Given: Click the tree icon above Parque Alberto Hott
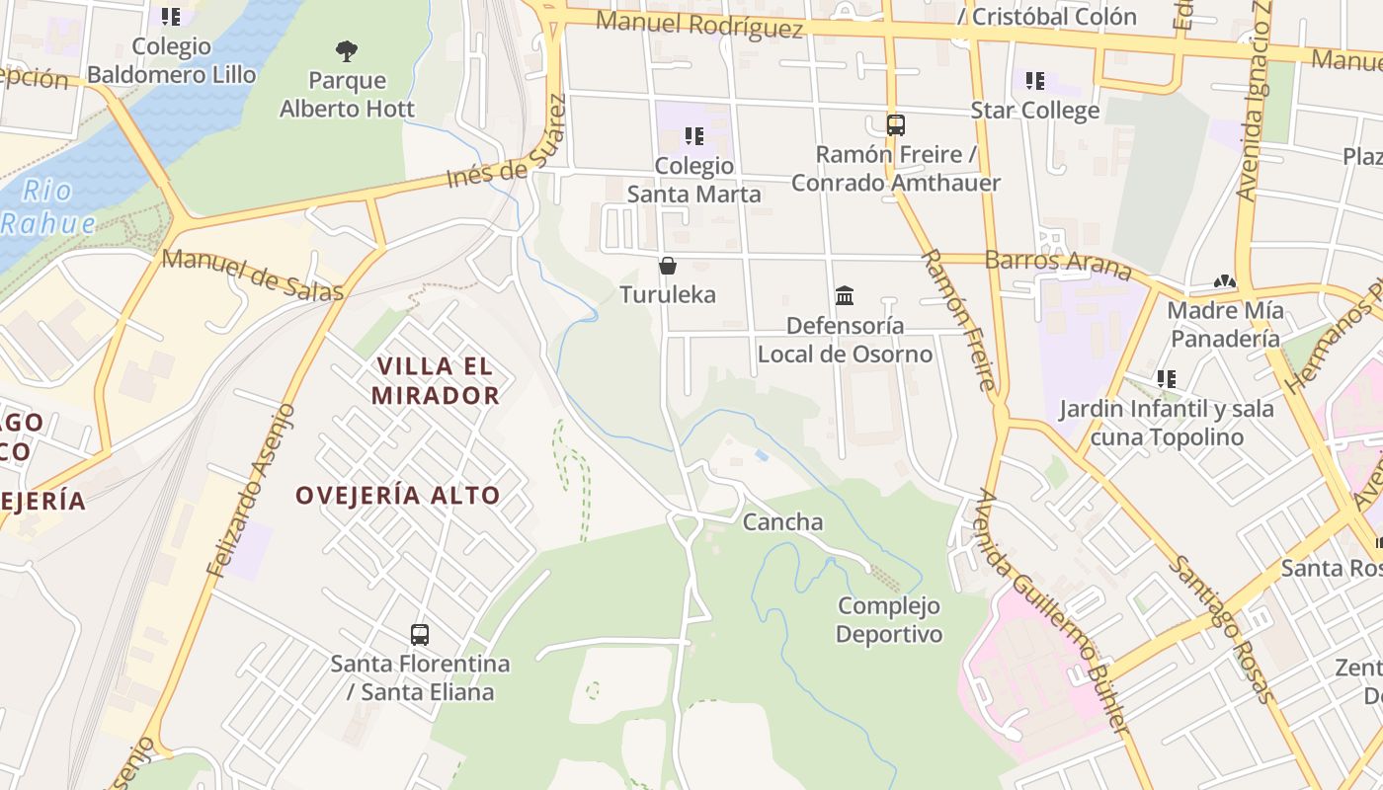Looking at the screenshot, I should [x=346, y=50].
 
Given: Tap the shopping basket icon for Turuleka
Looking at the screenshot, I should [x=668, y=266].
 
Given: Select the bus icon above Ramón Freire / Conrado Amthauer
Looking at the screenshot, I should [x=896, y=125].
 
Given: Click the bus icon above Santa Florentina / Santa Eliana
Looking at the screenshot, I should [x=420, y=634].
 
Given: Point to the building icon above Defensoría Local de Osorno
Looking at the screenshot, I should [x=845, y=295].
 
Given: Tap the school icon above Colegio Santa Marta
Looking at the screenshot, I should [x=694, y=136].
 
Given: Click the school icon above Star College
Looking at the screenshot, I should [x=1034, y=81].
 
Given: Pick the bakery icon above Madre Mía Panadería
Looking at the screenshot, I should [x=1225, y=282].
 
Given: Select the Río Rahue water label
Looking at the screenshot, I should [x=47, y=206].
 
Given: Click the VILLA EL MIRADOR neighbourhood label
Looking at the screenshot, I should [x=436, y=381].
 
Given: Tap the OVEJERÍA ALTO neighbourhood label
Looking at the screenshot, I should [x=398, y=495].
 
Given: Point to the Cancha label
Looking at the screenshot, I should [x=782, y=521].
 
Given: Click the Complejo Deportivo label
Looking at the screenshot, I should [x=889, y=619].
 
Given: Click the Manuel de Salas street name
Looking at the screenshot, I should [x=253, y=276].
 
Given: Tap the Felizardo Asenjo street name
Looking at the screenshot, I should [x=251, y=490].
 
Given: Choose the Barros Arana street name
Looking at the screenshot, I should [x=1058, y=262].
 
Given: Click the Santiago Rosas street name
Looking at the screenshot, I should [x=1222, y=629].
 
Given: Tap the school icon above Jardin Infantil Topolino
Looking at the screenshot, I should [x=1167, y=379].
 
